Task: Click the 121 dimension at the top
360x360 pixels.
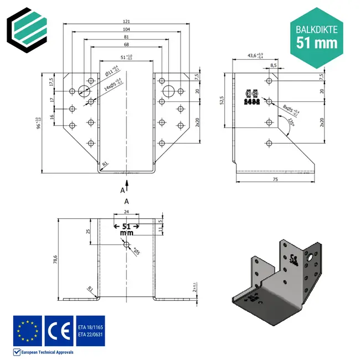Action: pyautogui.click(x=127, y=21)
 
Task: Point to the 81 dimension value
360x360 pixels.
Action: pyautogui.click(x=127, y=37)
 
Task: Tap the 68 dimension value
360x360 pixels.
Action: pyautogui.click(x=127, y=44)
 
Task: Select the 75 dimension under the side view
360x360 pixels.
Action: pyautogui.click(x=275, y=180)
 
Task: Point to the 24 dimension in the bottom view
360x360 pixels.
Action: pyautogui.click(x=126, y=212)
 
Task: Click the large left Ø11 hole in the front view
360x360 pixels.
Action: pyautogui.click(x=84, y=91)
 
